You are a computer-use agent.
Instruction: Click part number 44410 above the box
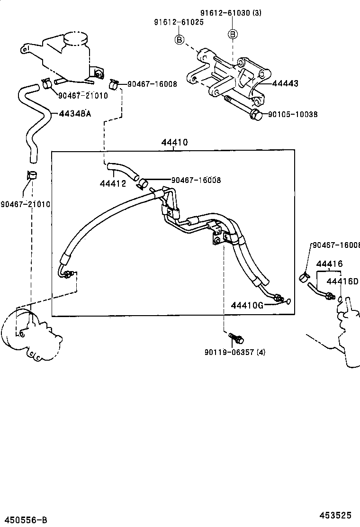174,142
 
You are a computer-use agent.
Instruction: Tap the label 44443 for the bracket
285,83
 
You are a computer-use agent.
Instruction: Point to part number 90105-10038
292,114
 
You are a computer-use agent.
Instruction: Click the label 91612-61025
178,22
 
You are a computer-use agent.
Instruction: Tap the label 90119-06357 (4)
235,352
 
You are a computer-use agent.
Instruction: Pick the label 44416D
342,282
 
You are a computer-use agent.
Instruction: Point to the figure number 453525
334,515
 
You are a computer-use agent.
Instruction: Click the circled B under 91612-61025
180,40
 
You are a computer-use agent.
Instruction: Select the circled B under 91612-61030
233,34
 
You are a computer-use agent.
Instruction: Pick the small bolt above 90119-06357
236,338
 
